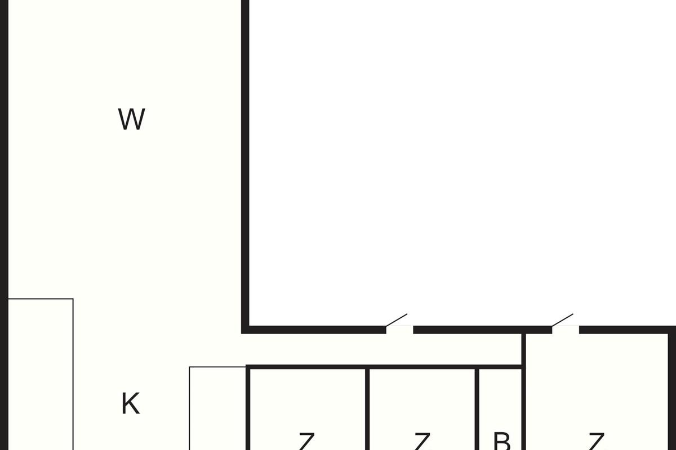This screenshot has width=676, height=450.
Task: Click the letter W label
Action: point(131,119)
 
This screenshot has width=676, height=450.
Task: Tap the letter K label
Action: point(130,404)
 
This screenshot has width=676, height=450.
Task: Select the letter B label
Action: point(501,442)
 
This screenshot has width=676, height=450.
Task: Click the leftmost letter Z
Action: point(306,442)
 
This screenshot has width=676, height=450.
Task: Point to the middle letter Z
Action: point(422,442)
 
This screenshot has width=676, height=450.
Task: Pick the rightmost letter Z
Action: point(596,442)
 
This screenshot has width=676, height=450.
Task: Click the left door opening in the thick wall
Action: point(400,330)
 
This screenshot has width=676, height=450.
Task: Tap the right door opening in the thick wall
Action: point(566,330)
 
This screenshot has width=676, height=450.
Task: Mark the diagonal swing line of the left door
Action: point(397,319)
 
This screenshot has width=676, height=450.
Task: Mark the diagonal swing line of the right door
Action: point(563,319)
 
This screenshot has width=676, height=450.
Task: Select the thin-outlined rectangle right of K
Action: point(217,408)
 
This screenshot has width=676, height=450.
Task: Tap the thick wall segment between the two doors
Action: point(482,330)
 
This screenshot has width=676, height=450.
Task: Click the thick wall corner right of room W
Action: point(246,329)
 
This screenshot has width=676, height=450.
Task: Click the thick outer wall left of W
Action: point(4,169)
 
